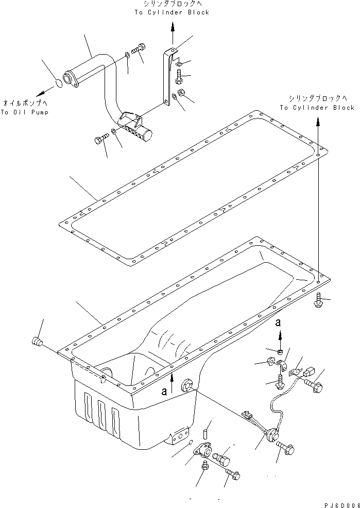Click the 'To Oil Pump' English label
(x=24, y=112)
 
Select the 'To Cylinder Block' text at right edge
(x=317, y=108)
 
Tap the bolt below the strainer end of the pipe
(x=101, y=139)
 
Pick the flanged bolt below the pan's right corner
(x=318, y=301)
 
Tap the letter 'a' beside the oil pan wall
(x=164, y=391)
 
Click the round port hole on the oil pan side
(x=187, y=385)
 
